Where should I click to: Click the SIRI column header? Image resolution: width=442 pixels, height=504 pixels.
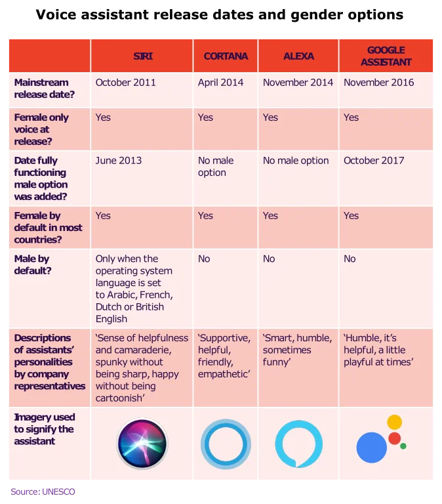[x=142, y=56]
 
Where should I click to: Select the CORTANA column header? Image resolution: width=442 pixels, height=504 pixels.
[x=225, y=56]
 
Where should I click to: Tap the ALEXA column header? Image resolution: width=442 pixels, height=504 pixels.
[x=298, y=56]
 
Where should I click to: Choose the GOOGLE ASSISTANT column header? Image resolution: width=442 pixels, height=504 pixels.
[x=386, y=56]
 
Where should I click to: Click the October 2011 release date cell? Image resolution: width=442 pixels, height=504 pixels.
[x=126, y=83]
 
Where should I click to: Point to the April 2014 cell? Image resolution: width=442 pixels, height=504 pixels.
[x=220, y=83]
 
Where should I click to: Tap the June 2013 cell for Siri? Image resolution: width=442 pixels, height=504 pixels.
[x=119, y=160]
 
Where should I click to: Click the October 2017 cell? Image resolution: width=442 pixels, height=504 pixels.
[x=374, y=160]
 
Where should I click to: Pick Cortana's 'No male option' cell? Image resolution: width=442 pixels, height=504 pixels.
[x=216, y=167]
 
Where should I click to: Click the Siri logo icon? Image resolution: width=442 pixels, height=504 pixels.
[x=142, y=444]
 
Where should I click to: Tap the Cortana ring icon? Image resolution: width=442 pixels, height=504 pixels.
[x=226, y=444]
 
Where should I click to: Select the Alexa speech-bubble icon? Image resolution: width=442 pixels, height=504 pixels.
[x=298, y=444]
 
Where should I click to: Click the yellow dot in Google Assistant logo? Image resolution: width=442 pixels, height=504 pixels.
[x=394, y=422]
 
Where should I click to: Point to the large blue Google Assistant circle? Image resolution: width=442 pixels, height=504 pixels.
[x=371, y=448]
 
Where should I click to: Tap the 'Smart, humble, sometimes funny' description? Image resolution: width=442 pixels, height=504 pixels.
[x=297, y=350]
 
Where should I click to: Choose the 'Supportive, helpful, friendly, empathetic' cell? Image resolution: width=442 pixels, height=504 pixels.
[x=224, y=356]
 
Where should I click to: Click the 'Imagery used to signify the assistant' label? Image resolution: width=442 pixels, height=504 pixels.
[x=45, y=429]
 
